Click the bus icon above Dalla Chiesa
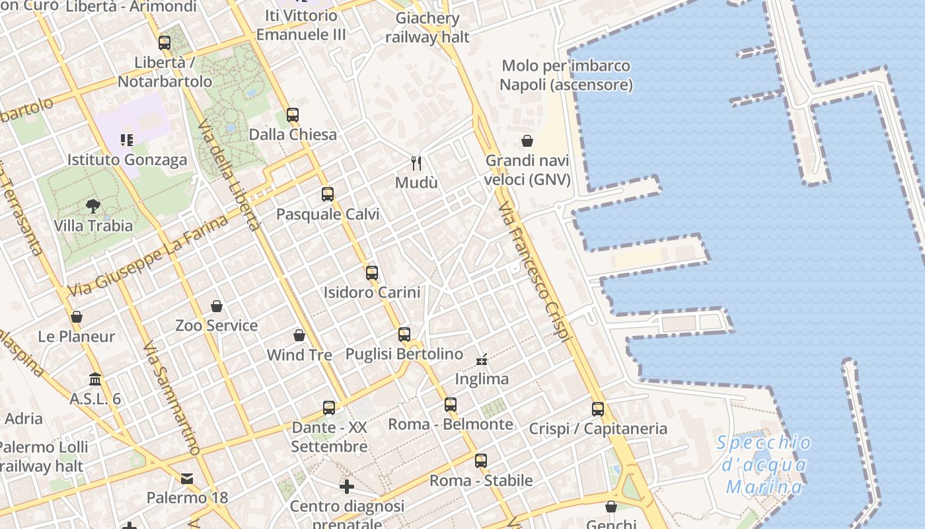pos(293,114)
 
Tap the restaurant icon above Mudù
pos(416,163)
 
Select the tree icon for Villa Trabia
pos(93,206)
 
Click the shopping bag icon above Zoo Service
pos(217,305)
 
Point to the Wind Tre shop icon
pos(299,335)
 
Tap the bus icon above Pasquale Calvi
pos(328,194)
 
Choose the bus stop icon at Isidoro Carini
pos(372,272)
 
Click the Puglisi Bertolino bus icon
pos(404,335)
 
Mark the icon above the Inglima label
pos(482,360)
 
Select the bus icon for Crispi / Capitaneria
pos(598,409)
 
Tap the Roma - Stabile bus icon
pos(481,460)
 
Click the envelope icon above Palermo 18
pos(188,478)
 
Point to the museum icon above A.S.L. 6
pos(95,380)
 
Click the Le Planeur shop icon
pos(77,317)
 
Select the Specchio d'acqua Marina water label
pos(764,465)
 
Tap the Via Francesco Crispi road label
pos(535,272)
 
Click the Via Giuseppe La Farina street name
pos(148,255)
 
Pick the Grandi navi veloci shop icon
pos(527,141)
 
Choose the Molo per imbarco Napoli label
pos(566,75)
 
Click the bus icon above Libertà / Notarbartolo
pos(165,43)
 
